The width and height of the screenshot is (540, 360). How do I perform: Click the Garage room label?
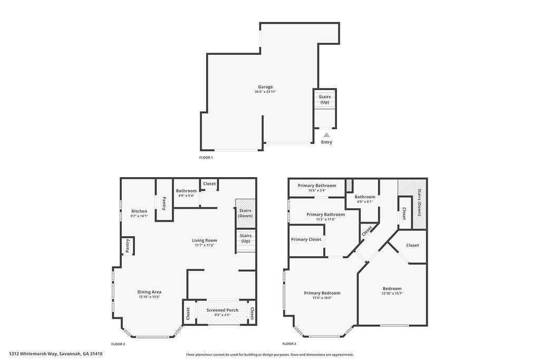[x=265, y=87]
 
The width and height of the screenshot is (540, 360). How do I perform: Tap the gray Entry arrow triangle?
[x=326, y=135]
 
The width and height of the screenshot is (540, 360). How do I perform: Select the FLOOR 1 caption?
[x=206, y=158]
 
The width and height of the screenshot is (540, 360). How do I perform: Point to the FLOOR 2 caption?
[x=118, y=344]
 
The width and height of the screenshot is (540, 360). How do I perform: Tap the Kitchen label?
[x=139, y=211]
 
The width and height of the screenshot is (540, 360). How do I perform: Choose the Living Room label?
[x=204, y=240]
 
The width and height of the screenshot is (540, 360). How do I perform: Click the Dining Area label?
[x=149, y=291]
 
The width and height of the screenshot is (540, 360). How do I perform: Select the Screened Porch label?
[x=222, y=310]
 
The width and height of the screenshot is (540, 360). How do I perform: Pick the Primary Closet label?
[x=306, y=239]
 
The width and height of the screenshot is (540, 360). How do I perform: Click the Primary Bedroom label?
[x=322, y=293]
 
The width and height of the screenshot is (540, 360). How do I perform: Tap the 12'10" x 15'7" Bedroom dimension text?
[x=392, y=294]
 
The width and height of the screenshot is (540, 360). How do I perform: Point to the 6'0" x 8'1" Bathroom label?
[x=364, y=197]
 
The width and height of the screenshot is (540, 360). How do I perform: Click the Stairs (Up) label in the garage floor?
[x=325, y=99]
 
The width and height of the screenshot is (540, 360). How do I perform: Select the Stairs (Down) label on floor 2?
[x=245, y=213]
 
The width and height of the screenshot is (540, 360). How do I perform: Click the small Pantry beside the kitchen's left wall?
[x=127, y=246]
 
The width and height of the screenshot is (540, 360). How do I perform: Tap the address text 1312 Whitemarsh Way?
[x=55, y=354]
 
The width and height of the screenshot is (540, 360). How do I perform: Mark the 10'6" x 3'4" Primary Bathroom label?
[x=316, y=186]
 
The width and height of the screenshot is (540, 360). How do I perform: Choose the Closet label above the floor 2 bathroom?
[x=209, y=183]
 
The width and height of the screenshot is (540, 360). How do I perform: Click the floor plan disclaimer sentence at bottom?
[x=269, y=355]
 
